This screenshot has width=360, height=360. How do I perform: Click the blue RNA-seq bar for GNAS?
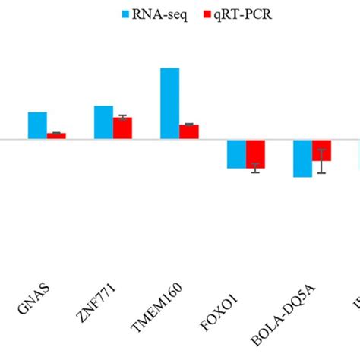pos(37,125)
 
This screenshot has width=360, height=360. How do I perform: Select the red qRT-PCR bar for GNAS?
pos(56,136)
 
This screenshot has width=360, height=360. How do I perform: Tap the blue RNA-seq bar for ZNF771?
pos(103,122)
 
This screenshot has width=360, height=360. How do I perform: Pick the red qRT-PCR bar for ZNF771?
pos(122,128)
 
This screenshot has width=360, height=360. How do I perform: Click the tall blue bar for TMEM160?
pos(169,103)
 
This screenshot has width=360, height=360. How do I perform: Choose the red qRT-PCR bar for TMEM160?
pos(188,131)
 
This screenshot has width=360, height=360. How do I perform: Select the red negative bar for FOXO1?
pos(255,153)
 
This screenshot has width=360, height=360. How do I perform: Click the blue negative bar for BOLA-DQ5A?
pos(302,158)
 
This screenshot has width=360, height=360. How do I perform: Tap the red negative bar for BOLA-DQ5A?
pos(321,150)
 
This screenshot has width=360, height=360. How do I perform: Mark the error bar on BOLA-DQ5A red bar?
pos(321,161)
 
